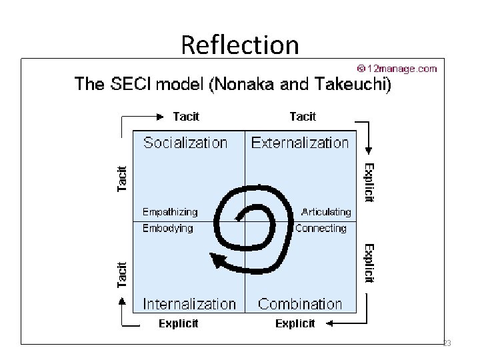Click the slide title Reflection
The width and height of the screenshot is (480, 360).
click(x=240, y=45)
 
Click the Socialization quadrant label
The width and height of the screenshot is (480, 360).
click(x=185, y=143)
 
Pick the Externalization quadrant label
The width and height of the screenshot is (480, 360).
click(x=300, y=143)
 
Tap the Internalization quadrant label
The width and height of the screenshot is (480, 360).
click(x=189, y=304)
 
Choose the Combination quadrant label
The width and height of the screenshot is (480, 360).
click(x=300, y=304)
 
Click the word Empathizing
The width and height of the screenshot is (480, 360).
click(x=170, y=212)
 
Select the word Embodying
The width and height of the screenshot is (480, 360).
click(x=167, y=228)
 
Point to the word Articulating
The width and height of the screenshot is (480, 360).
click(x=326, y=212)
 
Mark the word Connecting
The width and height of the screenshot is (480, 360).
click(x=321, y=228)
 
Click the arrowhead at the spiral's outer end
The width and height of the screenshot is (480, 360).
click(x=215, y=261)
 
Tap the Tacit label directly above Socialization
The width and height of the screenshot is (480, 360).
click(x=186, y=117)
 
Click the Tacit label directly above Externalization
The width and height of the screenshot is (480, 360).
click(x=303, y=117)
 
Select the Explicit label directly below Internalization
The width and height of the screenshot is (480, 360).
click(x=178, y=323)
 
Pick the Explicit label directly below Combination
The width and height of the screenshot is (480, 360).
click(x=295, y=323)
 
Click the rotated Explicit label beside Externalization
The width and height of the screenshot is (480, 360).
click(x=369, y=183)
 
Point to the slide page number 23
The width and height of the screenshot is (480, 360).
click(x=447, y=343)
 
